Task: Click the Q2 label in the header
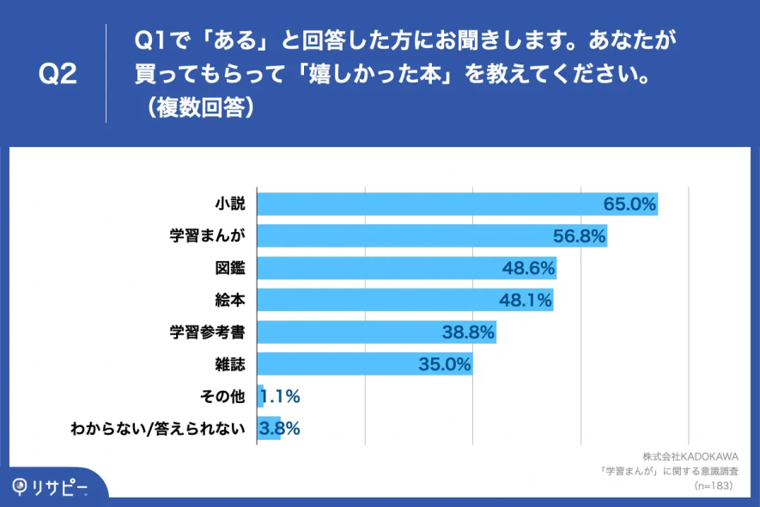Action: (58, 75)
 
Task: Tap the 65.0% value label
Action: (629, 204)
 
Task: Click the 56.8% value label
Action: (580, 235)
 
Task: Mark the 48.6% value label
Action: (528, 268)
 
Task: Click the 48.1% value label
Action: (525, 300)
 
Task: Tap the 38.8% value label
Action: (468, 332)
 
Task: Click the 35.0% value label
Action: (445, 364)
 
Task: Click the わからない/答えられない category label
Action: (158, 428)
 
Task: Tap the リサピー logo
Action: (50, 486)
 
